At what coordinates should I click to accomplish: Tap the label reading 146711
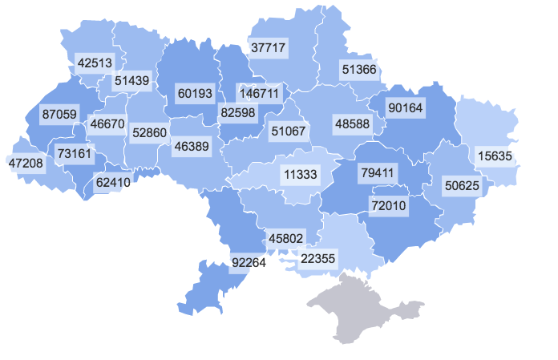pos(259,93)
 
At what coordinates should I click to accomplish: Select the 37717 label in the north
pos(268,48)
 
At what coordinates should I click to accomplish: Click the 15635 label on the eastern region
pos(497,156)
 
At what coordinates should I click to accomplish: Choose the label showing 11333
pos(300,173)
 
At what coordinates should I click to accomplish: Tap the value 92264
pos(249,261)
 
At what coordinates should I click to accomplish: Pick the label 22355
pos(318,258)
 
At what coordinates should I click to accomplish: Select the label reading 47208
pos(26,163)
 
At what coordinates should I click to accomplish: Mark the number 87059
pos(59,115)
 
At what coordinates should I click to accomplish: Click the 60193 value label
pos(195,94)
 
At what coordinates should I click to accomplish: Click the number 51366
pos(358,69)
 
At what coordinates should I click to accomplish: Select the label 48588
pos(352,124)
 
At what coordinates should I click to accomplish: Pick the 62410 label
pos(113,182)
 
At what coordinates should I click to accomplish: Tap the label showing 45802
pos(286,238)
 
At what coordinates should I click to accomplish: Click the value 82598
pos(237,113)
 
